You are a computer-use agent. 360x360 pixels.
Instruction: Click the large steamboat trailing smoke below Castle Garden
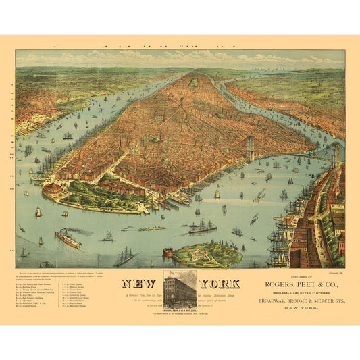coord(67,237)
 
